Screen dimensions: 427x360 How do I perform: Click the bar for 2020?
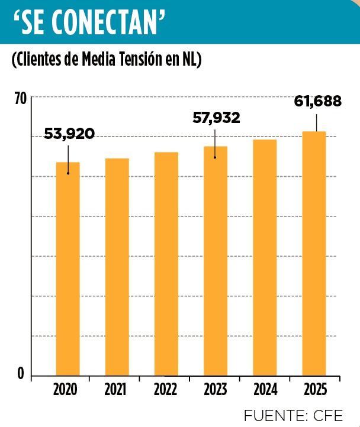(67, 269)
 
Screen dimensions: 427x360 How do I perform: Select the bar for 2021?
(117, 267)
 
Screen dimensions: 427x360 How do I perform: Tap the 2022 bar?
(166, 264)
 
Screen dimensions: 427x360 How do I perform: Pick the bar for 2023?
(216, 261)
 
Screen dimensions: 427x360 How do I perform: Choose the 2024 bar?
(265, 257)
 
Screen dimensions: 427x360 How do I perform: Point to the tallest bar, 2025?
(314, 253)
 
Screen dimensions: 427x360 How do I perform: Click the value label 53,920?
(69, 134)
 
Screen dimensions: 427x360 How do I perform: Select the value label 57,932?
(217, 118)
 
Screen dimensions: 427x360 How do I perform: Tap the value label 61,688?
(317, 101)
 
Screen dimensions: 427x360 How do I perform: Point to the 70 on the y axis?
(20, 99)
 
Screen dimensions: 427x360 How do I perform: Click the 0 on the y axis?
(21, 374)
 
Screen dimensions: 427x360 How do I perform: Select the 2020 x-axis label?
(65, 390)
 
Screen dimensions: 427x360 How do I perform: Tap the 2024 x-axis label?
(265, 390)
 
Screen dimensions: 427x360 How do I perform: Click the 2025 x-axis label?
(315, 390)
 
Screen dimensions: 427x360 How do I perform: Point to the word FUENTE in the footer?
(271, 413)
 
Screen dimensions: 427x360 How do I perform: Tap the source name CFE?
(327, 413)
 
